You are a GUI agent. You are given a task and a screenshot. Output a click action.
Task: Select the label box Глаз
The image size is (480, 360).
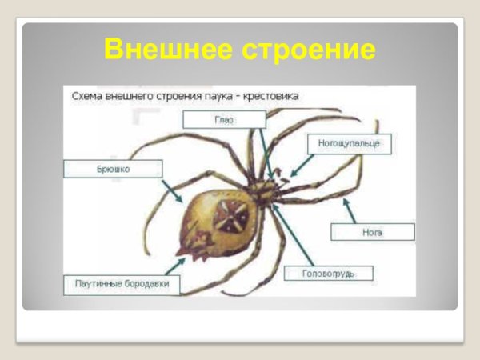pos(224,119)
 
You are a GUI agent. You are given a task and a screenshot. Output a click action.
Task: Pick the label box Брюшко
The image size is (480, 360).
pos(114,169)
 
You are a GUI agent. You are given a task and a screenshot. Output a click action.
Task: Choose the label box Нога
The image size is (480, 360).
pos(373,232)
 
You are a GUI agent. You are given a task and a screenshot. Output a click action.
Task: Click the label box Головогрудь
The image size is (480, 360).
pos(328,274)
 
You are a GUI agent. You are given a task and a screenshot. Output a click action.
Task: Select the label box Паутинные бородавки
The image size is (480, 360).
pos(122,284)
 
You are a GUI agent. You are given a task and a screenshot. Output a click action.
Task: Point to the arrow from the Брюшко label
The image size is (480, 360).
pos(171,190)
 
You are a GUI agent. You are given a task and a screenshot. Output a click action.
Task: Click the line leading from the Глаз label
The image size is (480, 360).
pos(265,152)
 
